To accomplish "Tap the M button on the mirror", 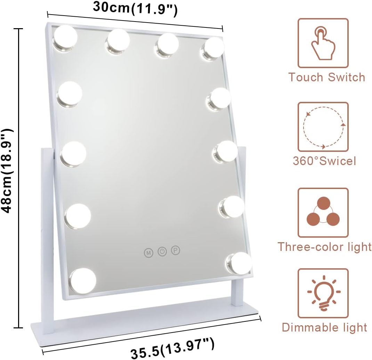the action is click(x=148, y=253).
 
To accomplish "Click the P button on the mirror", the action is click(x=176, y=250).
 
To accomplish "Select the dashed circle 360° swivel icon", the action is click(x=323, y=127).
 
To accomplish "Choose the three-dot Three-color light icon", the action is click(x=323, y=212).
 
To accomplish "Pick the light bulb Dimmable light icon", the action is click(x=323, y=293).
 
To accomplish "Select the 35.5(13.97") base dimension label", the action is click(x=173, y=348).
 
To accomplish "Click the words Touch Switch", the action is click(x=327, y=77).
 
